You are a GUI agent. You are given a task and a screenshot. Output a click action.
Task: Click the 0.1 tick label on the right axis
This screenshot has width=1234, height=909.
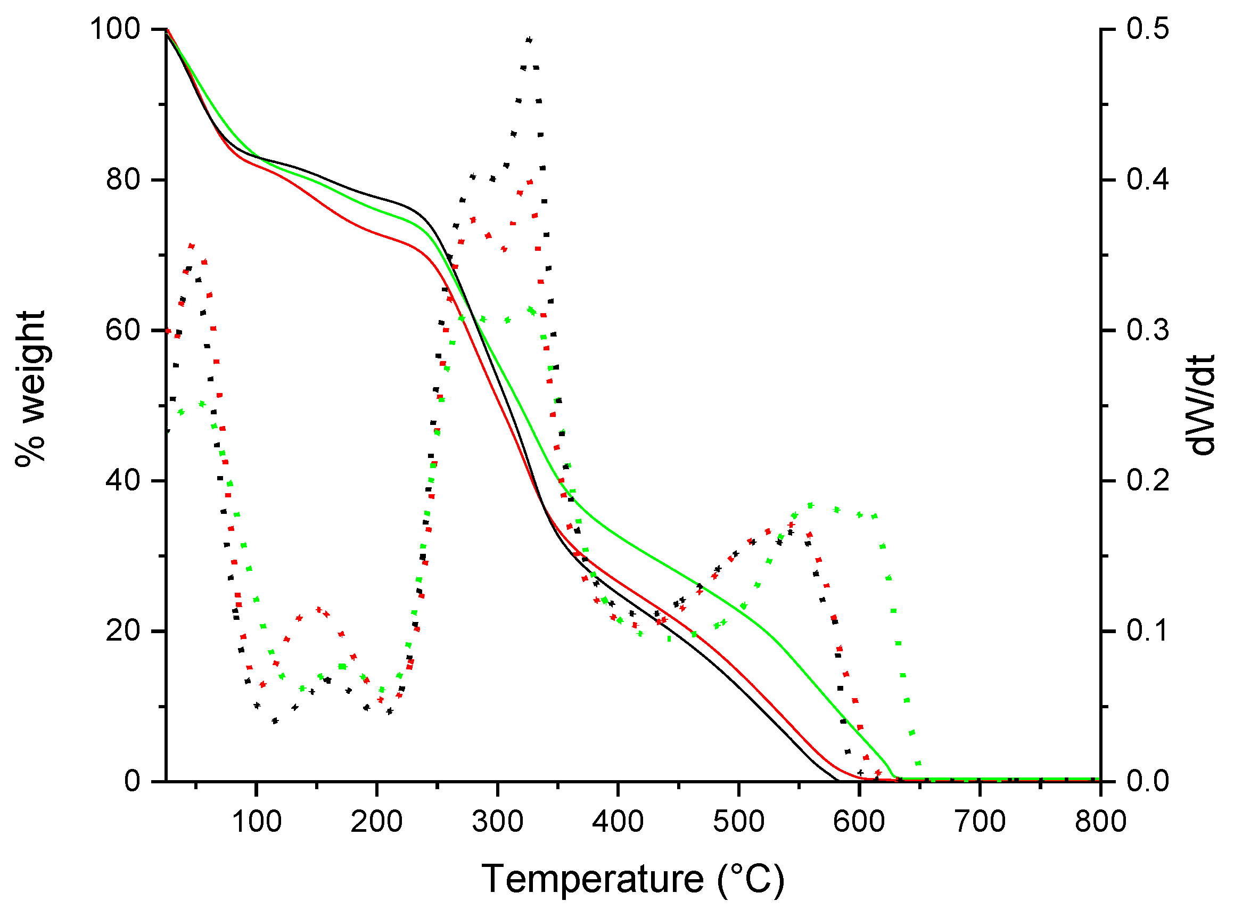coord(1148,630)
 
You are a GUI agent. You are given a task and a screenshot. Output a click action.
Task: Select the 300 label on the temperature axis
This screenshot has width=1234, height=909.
coord(497,822)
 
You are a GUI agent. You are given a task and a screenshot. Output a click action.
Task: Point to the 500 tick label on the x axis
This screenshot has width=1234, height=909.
coord(739,822)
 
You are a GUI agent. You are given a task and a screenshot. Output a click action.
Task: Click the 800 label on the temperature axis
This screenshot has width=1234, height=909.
coord(1101,822)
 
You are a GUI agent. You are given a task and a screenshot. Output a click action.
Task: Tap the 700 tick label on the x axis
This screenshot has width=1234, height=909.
coord(981,822)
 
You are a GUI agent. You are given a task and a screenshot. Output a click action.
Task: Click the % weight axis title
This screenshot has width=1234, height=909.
coord(30,389)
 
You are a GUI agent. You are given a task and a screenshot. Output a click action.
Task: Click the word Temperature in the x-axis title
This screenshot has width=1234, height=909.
coord(593,879)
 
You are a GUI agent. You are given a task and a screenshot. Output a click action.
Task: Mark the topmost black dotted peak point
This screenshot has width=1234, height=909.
coord(529,39)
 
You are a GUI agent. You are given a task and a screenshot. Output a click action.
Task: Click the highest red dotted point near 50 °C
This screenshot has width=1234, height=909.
coord(192,246)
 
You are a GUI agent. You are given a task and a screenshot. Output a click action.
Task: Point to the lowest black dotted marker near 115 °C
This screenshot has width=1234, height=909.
coord(275,721)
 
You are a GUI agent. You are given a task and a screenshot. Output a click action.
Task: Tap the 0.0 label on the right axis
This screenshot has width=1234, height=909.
coord(1148,781)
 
